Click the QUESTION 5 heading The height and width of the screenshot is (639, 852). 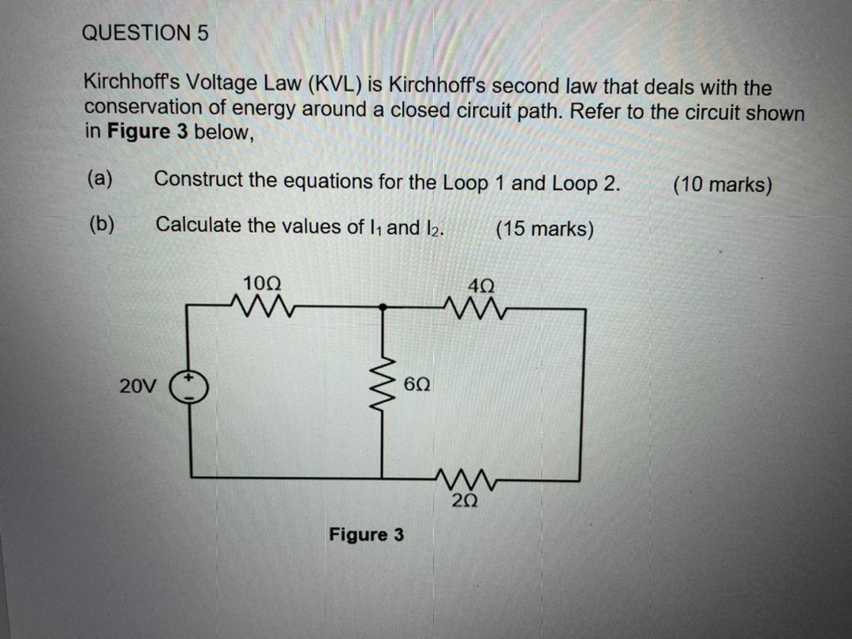(x=146, y=33)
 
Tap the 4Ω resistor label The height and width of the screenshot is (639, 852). (x=480, y=286)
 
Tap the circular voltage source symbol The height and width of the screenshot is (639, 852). (x=191, y=387)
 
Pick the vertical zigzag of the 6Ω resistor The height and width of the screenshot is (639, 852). (x=384, y=386)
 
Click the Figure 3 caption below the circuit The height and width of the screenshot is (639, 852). (x=366, y=535)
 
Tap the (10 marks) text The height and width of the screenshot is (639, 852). (x=722, y=185)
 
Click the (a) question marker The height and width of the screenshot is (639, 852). (x=99, y=178)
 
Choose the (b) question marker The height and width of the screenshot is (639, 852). (x=100, y=224)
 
